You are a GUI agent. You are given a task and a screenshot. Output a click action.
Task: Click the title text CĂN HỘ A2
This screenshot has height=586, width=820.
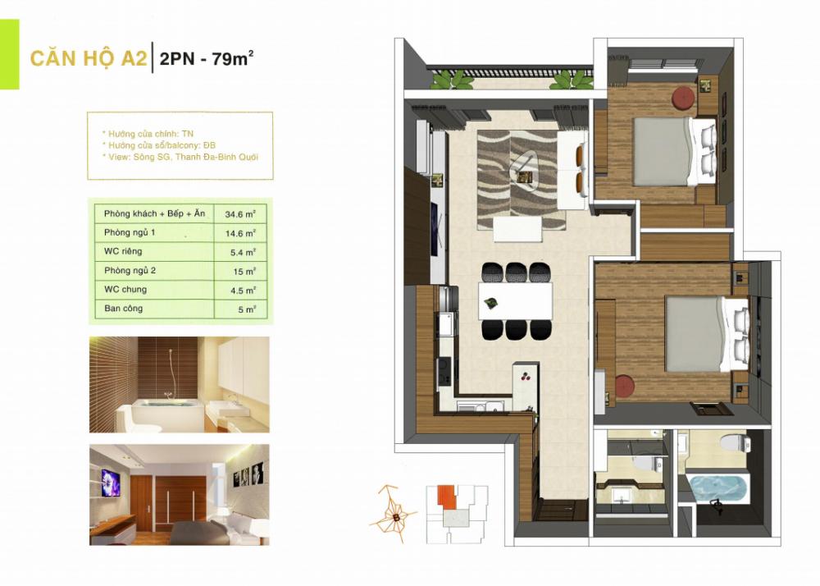pyautogui.click(x=89, y=59)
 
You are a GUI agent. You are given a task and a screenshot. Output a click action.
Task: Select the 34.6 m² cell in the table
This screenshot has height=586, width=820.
pyautogui.click(x=237, y=214)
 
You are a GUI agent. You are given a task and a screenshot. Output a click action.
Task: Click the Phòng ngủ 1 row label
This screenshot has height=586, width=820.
pyautogui.click(x=130, y=233)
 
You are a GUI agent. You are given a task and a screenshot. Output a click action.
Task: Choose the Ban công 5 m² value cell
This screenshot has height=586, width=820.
pyautogui.click(x=237, y=309)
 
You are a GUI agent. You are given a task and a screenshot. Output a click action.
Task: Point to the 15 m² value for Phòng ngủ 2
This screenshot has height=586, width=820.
pyautogui.click(x=237, y=271)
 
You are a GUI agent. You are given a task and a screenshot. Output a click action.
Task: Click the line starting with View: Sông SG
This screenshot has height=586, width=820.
pyautogui.click(x=180, y=157)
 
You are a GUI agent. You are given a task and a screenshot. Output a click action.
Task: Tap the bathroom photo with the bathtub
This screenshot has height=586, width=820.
pyautogui.click(x=179, y=384)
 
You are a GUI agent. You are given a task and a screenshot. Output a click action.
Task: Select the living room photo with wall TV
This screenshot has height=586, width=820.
pyautogui.click(x=179, y=495)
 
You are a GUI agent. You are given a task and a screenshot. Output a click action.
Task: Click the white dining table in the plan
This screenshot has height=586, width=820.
pyautogui.click(x=515, y=301)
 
